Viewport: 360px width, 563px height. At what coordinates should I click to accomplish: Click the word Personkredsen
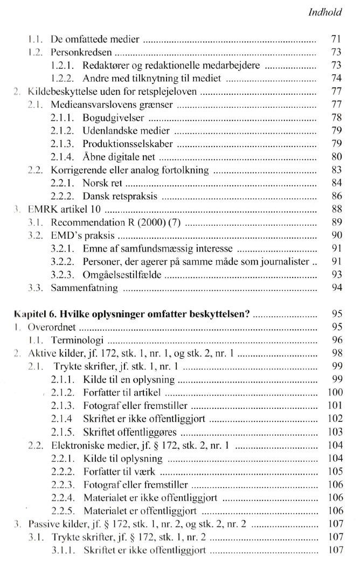81,52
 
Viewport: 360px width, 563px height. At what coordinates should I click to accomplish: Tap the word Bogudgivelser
113,117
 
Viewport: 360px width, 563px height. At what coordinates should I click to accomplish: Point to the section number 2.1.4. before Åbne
64,157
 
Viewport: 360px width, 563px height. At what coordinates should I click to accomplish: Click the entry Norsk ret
102,183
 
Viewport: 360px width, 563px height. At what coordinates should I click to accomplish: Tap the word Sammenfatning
84,288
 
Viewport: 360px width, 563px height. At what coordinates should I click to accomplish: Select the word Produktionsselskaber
128,144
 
